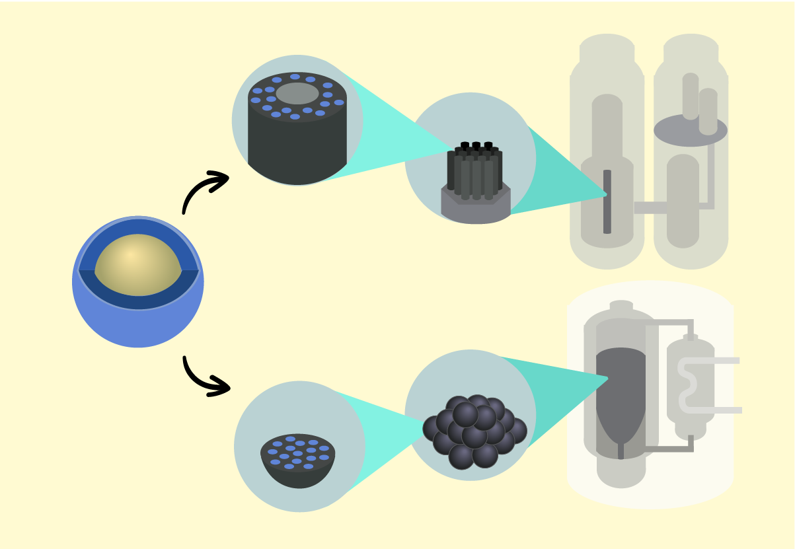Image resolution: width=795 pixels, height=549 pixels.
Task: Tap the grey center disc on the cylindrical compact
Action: point(297,93)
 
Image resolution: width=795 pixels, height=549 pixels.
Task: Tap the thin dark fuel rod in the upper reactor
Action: point(607,201)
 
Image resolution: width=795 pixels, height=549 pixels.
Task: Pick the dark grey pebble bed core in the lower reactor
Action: point(620,390)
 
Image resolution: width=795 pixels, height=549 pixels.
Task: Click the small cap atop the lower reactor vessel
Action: point(621,305)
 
